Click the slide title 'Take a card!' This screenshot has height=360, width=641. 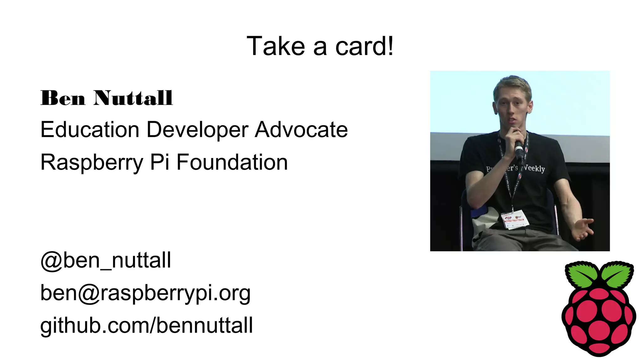coord(320,46)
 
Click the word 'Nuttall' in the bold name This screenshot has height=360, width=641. coord(133,98)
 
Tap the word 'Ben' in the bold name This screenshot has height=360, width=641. coord(63,98)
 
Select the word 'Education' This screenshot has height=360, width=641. coord(90,130)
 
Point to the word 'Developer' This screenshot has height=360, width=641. coord(197,130)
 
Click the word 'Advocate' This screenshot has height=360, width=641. coord(301,130)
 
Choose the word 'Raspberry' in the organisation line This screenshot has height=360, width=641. coord(92,162)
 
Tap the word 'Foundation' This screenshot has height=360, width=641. coord(232,162)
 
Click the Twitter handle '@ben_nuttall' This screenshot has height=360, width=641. coord(106,260)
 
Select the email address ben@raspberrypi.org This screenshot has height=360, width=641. coord(146,293)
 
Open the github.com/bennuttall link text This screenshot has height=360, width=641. coord(146,326)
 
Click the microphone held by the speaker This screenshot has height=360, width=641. coord(519,148)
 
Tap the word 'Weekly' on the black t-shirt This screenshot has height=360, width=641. coord(535,169)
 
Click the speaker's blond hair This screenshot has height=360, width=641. coord(512,85)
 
